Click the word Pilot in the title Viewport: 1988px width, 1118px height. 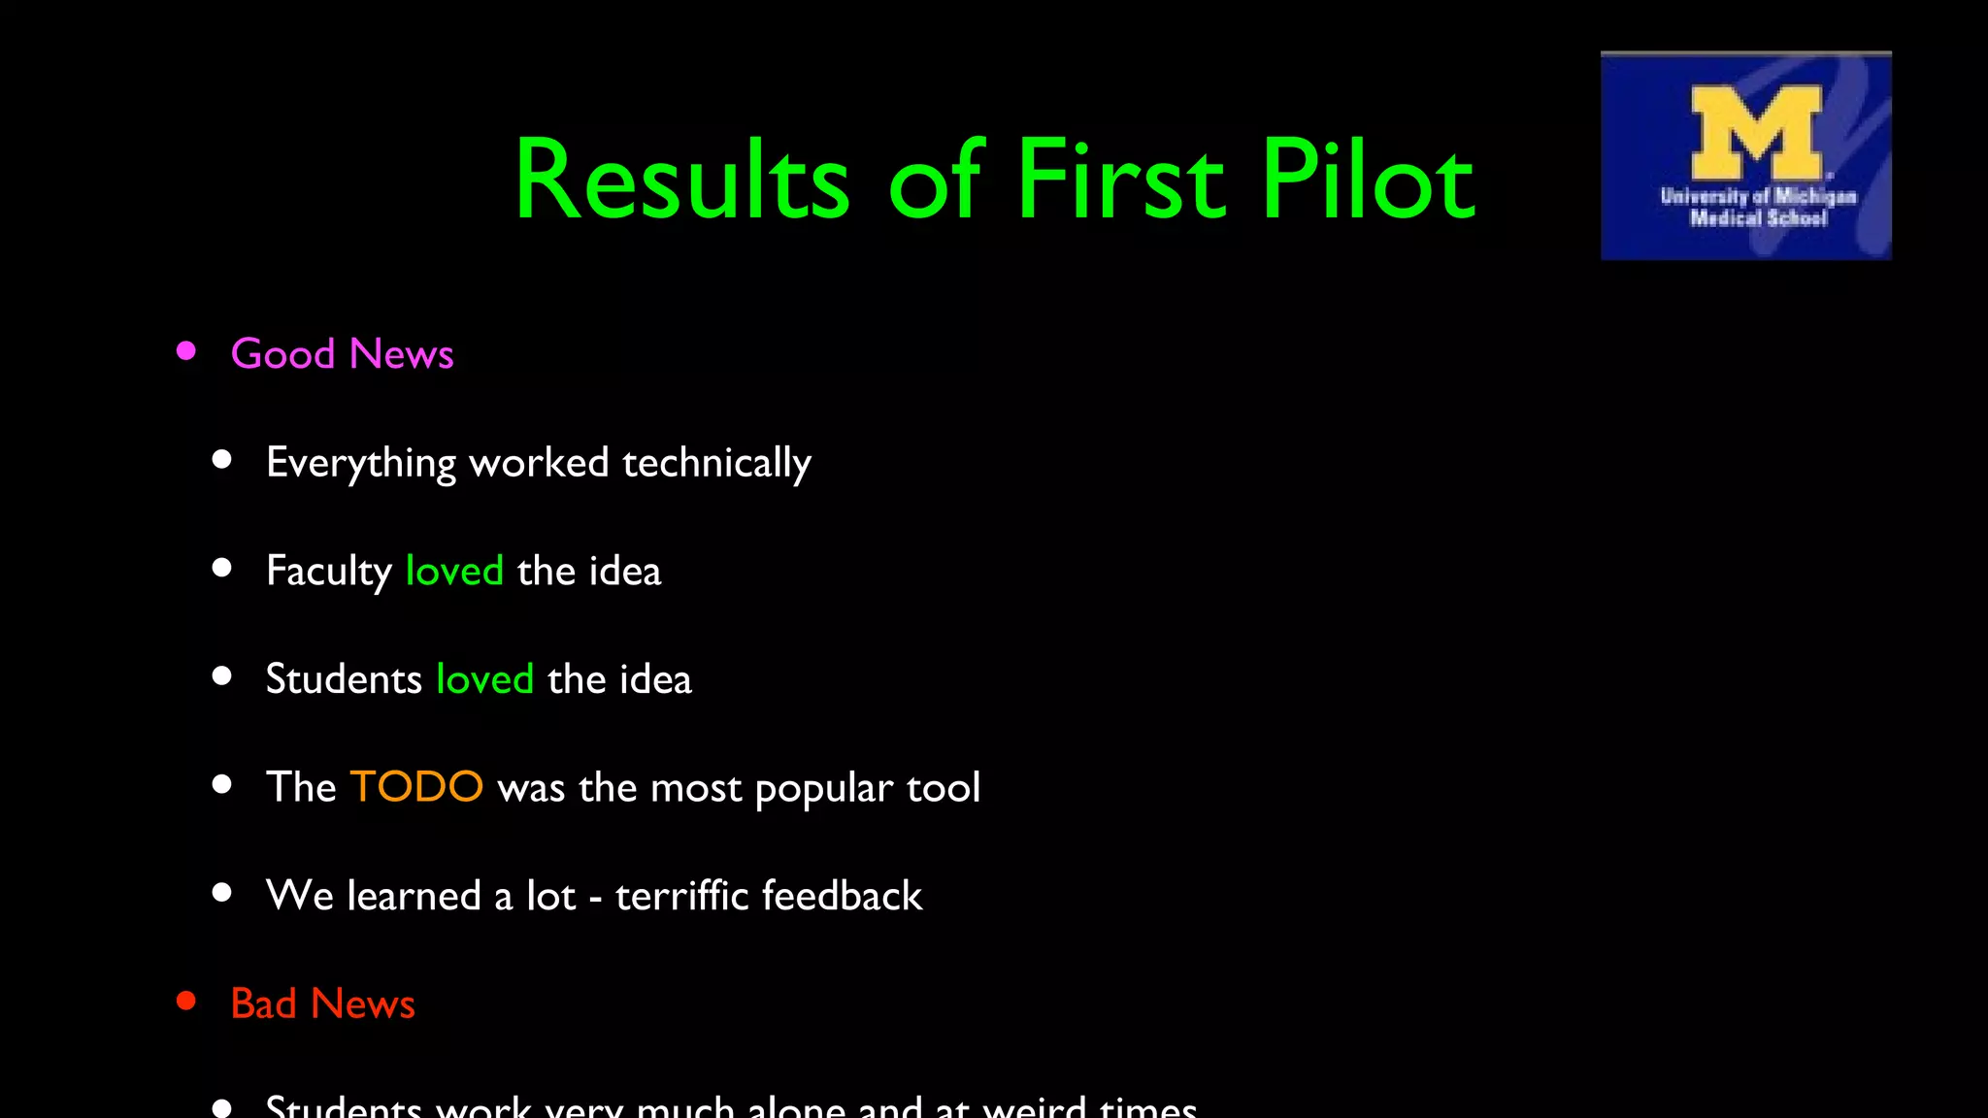pos(1369,181)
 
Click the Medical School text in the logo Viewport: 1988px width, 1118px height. pos(1758,218)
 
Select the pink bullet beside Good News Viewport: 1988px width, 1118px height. pos(186,351)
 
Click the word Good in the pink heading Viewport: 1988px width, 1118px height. pos(282,354)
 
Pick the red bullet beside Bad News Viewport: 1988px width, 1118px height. pos(186,1001)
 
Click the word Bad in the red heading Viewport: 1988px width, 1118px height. pos(263,1003)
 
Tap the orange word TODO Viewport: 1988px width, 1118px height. pos(416,786)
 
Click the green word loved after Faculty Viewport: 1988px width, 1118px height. pos(454,571)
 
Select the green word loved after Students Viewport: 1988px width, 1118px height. pos(484,679)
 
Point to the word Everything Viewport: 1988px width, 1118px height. pos(361,464)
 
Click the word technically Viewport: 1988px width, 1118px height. pos(716,464)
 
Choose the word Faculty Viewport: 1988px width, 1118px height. pos(328,572)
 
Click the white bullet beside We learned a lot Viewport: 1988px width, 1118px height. pos(222,893)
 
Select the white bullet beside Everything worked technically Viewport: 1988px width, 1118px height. pos(222,460)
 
